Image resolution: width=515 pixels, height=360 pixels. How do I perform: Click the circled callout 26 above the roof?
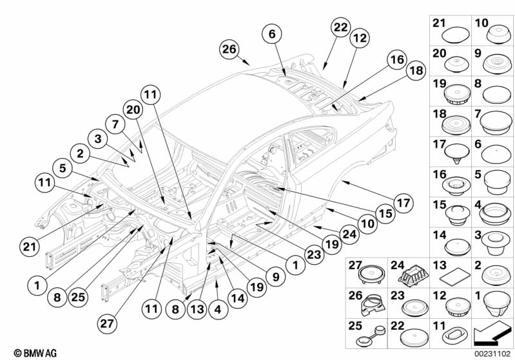pyautogui.click(x=229, y=49)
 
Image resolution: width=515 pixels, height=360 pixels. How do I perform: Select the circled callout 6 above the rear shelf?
pyautogui.click(x=272, y=33)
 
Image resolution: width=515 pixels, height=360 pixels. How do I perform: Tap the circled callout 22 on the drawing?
pyautogui.click(x=341, y=28)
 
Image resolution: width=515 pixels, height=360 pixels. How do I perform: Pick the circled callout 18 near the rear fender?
pyautogui.click(x=416, y=70)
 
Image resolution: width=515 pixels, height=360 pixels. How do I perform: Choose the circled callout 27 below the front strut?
pyautogui.click(x=108, y=319)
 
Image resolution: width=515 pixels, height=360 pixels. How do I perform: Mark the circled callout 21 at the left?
pyautogui.click(x=27, y=246)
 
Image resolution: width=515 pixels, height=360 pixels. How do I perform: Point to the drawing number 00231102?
pyautogui.click(x=494, y=353)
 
